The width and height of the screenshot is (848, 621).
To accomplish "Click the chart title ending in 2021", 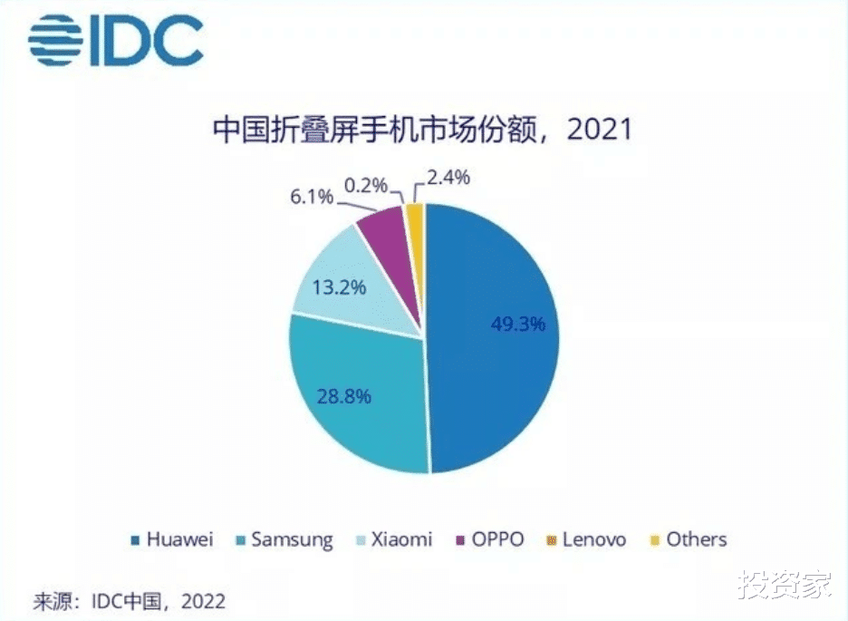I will pyautogui.click(x=423, y=131).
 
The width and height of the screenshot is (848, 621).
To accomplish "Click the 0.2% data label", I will pyautogui.click(x=366, y=186).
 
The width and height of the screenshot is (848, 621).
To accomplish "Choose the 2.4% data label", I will pyautogui.click(x=448, y=178).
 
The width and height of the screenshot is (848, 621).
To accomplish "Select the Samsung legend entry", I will pyautogui.click(x=283, y=540).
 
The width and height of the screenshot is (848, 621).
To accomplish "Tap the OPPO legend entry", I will pyautogui.click(x=490, y=540).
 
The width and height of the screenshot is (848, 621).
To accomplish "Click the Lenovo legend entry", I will pyautogui.click(x=585, y=540).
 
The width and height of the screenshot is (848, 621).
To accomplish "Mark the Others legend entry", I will pyautogui.click(x=688, y=540).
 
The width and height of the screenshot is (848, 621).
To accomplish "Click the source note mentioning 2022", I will pyautogui.click(x=129, y=600).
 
